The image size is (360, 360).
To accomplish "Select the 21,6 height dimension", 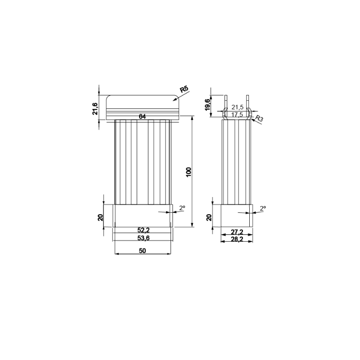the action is tap(95, 108).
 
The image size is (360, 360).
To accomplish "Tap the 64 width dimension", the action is tap(142, 117).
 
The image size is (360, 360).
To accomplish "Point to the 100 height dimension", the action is tap(189, 172).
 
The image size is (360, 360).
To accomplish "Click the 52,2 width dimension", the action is tap(144, 230).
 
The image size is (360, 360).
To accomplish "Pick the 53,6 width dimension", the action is tap(144, 238).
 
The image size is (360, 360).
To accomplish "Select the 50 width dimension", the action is tap(142, 251).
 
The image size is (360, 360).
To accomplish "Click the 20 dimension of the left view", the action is tap(100, 217).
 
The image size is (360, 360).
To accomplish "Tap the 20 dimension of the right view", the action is tap(209, 217).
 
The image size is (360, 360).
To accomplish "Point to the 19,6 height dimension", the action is tap(207, 105).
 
